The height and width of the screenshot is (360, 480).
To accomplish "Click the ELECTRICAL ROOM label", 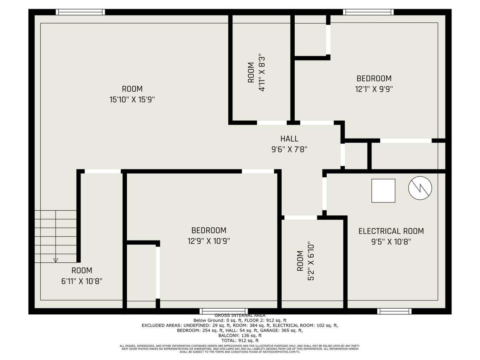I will (x=391, y=231).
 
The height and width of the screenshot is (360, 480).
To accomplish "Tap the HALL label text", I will (x=289, y=139).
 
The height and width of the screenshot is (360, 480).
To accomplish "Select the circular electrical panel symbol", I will (x=420, y=188).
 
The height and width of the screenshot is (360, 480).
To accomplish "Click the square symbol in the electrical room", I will (x=383, y=191).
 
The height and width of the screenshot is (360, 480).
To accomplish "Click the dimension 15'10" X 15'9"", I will (x=132, y=100).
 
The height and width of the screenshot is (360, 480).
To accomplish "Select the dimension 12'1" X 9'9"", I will (x=374, y=89).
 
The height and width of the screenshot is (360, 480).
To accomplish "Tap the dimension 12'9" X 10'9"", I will (x=209, y=241).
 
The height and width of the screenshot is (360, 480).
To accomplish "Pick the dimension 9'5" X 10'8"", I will (x=391, y=242).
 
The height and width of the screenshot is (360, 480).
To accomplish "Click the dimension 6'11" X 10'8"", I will (x=82, y=281).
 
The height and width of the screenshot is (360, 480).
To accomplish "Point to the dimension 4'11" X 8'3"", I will (x=262, y=72).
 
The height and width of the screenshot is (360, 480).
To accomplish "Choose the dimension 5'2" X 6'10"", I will (x=311, y=261).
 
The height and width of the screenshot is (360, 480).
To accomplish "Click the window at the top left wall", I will (x=81, y=12).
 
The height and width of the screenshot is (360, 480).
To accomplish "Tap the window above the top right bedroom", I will (x=368, y=12).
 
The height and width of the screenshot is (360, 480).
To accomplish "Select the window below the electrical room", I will (x=394, y=311).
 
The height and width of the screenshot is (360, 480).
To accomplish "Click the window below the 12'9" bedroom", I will (x=224, y=311).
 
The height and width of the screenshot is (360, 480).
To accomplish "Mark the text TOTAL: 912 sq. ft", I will (x=240, y=340).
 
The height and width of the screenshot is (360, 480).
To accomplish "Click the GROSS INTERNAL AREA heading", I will (x=240, y=315).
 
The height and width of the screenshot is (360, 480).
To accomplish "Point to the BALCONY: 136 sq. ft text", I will (x=240, y=335).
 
